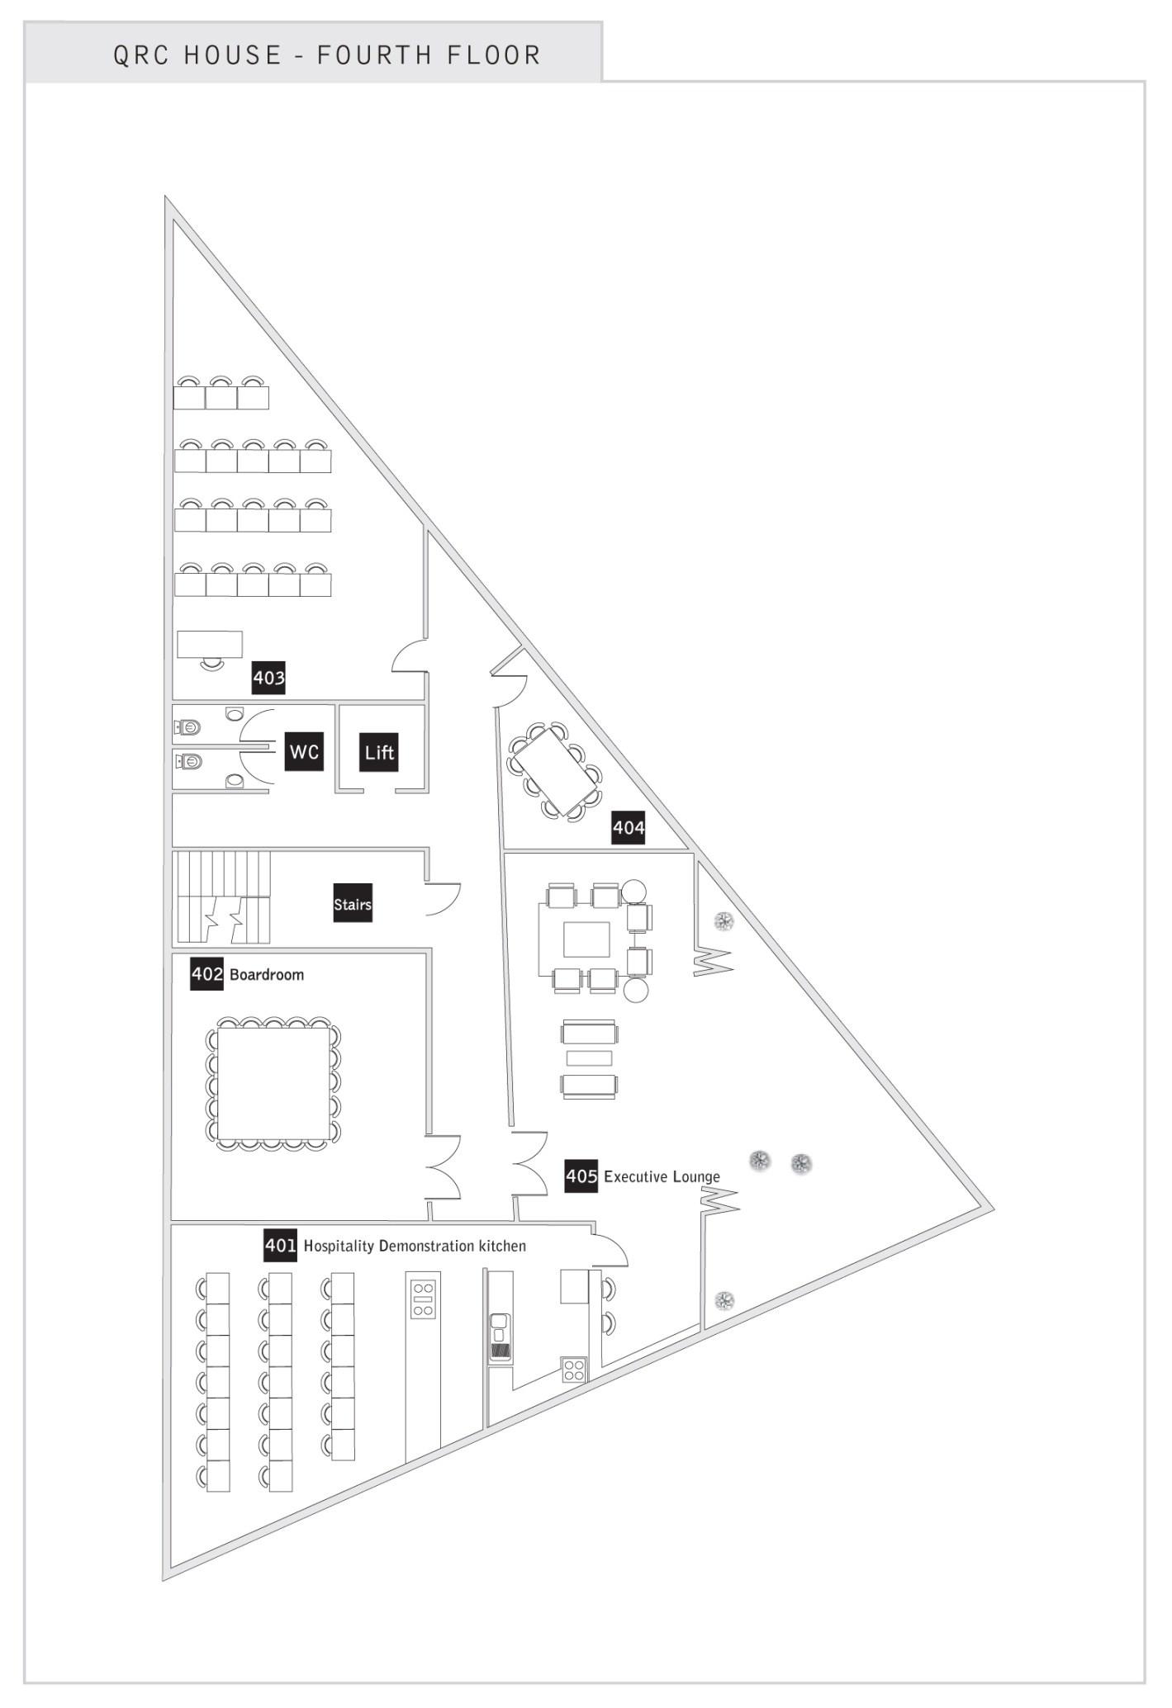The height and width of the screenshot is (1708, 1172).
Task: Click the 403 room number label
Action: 268,678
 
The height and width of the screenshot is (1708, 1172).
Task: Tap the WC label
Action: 304,751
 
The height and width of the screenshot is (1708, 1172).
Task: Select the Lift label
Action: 379,752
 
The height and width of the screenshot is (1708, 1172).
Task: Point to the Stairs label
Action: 353,904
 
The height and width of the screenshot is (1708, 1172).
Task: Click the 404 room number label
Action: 628,827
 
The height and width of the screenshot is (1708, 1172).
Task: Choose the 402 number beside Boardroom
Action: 207,973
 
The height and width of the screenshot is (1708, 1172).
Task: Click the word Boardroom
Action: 267,975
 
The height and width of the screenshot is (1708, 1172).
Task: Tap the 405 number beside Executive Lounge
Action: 581,1176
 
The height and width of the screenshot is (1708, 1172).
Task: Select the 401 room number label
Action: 280,1245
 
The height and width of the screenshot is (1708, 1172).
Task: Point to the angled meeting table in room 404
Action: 554,771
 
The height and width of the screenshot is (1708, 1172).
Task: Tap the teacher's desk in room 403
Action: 210,644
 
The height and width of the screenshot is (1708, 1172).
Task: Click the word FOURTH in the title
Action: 375,55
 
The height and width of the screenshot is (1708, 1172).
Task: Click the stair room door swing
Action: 442,897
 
